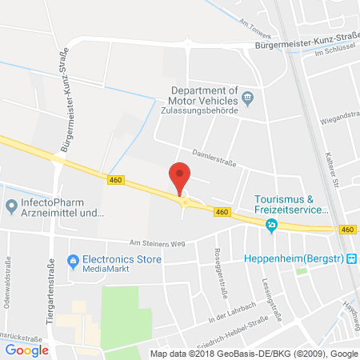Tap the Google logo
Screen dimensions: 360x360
click(x=27, y=350)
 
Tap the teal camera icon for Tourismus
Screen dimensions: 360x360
click(x=272, y=225)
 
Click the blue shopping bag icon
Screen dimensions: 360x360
click(x=73, y=260)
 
